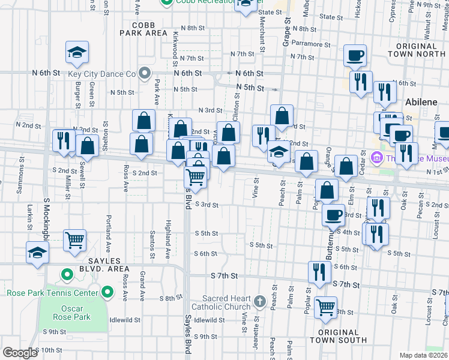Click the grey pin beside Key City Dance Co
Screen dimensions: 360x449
click(x=144, y=74)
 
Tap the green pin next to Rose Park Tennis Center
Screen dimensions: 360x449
click(x=107, y=293)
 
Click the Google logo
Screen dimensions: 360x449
click(x=19, y=353)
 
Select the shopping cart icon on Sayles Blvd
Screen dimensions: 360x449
click(x=196, y=176)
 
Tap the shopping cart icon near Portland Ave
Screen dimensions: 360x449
click(x=75, y=240)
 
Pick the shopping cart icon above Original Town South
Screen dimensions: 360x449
click(x=325, y=307)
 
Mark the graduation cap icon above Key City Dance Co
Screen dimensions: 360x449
click(x=77, y=53)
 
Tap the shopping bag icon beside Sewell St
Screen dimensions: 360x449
click(x=87, y=146)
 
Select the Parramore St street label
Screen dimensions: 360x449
click(x=312, y=44)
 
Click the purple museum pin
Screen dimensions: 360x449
click(x=377, y=158)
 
